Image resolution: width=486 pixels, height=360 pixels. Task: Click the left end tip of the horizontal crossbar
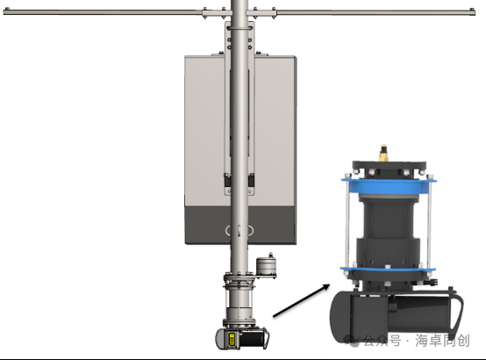[4, 11]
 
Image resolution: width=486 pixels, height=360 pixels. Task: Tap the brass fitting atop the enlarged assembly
[383, 154]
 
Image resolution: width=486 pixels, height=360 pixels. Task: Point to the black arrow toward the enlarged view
[301, 300]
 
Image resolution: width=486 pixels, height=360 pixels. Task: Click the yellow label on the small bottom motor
[232, 339]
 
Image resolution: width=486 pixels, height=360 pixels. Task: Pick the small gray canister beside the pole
[266, 266]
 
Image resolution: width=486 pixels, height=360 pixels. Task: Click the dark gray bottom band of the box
[240, 225]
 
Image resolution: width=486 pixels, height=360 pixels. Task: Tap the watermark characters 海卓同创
[443, 341]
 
